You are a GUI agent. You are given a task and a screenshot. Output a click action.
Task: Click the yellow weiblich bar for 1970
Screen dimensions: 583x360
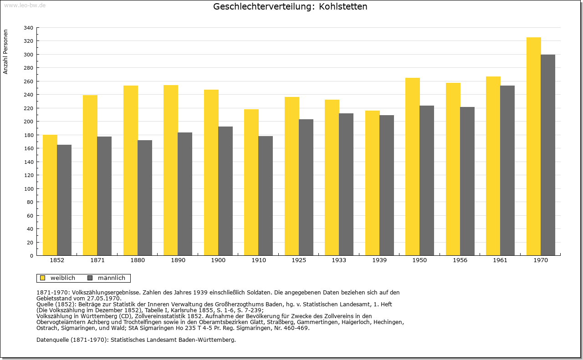pos(533,147)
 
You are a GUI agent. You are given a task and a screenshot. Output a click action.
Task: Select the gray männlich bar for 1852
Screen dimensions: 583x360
pos(64,200)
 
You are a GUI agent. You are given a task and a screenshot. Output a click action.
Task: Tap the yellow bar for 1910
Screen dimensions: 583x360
pos(251,183)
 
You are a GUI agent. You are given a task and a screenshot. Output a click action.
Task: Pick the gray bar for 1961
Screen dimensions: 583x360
pos(507,171)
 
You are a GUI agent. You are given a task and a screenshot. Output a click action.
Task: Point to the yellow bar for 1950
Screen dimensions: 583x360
pos(413,167)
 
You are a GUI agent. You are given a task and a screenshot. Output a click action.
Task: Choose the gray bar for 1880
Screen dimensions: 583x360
pos(145,198)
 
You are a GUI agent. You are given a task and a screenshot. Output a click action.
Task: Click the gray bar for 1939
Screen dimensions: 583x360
pos(387,186)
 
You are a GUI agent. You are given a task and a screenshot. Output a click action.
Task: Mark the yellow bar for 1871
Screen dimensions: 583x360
pos(90,175)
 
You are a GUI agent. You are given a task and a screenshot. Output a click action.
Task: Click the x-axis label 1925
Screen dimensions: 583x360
pos(299,260)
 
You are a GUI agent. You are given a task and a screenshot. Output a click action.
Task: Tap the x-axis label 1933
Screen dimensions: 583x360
pos(339,260)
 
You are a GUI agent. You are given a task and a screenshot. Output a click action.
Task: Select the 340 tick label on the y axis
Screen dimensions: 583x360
pos(28,28)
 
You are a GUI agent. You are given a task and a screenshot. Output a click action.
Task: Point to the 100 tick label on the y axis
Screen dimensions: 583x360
pos(28,189)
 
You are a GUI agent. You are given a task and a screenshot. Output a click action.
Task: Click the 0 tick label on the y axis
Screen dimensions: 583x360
pos(31,256)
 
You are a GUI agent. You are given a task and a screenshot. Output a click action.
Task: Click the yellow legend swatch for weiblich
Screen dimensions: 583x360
pos(43,278)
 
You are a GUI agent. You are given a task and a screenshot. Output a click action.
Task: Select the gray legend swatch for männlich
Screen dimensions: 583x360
pos(90,278)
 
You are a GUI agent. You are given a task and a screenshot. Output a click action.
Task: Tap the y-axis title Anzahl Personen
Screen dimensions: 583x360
pos(5,52)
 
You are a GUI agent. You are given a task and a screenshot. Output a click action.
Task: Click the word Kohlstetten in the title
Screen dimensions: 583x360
pos(343,6)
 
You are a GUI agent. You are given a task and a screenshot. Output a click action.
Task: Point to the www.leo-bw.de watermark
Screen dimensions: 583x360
pos(25,5)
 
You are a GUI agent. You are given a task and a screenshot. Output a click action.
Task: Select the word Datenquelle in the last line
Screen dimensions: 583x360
pos(53,340)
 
